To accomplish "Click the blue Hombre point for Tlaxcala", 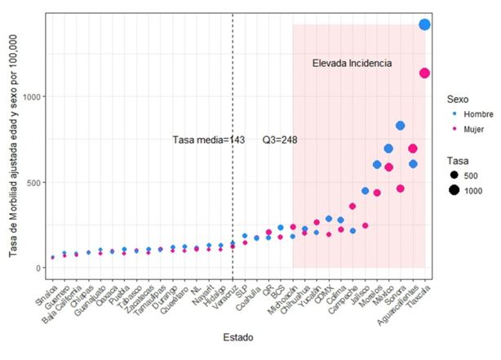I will [424, 24].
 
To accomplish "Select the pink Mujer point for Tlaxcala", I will [424, 73].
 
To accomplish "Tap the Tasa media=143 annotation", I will [209, 140].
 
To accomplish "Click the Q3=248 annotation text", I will [279, 140].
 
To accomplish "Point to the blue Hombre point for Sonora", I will [401, 126].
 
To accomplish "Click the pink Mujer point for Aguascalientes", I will [413, 149].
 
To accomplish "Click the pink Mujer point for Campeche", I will [352, 207].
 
